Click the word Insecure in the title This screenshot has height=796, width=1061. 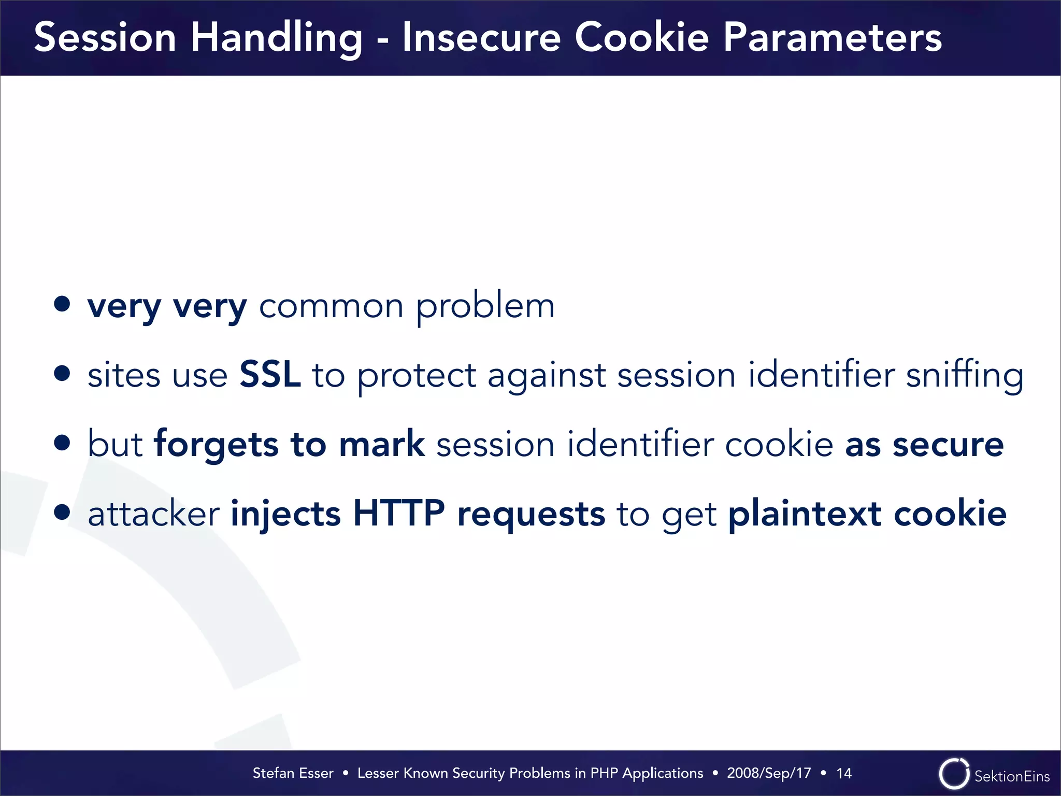tap(481, 37)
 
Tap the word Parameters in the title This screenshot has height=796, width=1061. tap(832, 37)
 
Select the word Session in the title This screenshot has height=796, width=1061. tap(105, 37)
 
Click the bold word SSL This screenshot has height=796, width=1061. tap(270, 374)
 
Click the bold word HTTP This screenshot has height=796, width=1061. tap(398, 513)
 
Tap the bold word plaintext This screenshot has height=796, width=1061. tap(805, 513)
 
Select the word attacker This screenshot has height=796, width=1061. tap(154, 514)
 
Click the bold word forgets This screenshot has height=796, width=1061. tap(217, 445)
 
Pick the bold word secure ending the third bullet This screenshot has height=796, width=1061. tap(948, 445)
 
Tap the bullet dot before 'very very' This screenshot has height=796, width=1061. tap(62, 304)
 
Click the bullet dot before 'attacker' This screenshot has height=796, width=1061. tap(62, 512)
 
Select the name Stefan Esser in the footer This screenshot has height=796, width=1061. tap(293, 773)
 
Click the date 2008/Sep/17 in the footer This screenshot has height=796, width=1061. tap(769, 773)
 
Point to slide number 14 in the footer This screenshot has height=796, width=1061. tap(844, 773)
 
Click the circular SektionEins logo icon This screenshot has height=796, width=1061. tap(954, 774)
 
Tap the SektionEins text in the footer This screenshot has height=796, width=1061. tap(1012, 776)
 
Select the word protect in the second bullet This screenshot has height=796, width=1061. tap(417, 375)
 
